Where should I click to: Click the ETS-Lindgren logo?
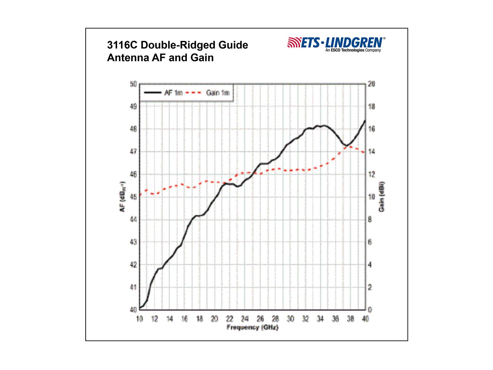click(336, 42)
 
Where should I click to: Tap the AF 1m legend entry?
click(163, 92)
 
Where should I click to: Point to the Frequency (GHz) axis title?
click(252, 327)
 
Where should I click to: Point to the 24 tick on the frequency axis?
click(245, 319)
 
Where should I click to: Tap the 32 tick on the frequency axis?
click(305, 319)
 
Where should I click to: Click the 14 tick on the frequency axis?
click(169, 319)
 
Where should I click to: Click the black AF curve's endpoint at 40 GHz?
click(365, 120)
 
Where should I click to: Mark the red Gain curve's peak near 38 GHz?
click(350, 146)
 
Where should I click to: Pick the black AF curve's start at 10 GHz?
click(140, 307)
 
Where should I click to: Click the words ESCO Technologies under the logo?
click(348, 50)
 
